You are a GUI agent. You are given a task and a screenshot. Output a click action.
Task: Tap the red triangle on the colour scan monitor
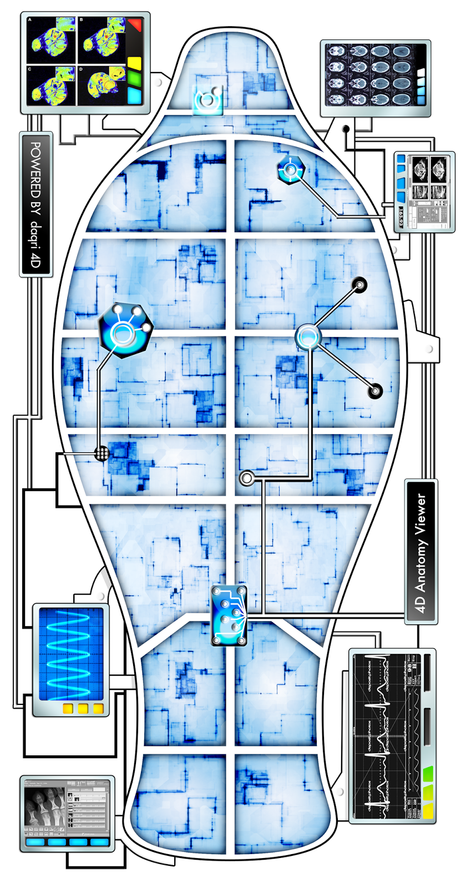click(x=135, y=25)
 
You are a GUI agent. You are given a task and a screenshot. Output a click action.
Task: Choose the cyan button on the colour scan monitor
click(x=134, y=95)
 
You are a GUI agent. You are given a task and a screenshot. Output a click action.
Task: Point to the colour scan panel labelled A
click(x=52, y=40)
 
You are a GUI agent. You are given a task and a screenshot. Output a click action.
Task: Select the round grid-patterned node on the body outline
click(x=102, y=453)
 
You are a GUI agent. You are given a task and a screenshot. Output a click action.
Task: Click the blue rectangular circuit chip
click(x=229, y=615)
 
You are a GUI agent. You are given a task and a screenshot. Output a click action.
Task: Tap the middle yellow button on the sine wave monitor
click(x=83, y=708)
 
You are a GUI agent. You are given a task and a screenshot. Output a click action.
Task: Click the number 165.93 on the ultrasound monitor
click(x=401, y=218)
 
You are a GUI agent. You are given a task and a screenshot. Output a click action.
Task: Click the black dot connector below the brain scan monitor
click(x=346, y=129)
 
